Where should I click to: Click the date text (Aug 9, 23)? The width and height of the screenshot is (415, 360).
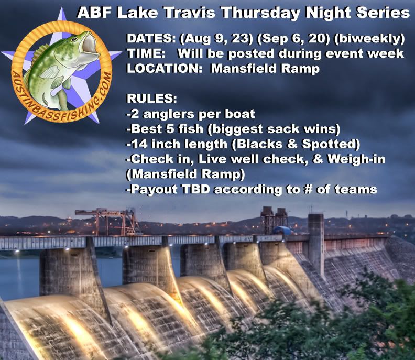[x=216, y=39]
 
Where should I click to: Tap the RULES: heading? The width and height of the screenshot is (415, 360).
[x=152, y=99]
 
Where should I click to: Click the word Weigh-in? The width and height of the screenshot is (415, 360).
[x=356, y=159]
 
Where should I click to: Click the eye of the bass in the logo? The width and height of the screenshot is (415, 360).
[x=74, y=39]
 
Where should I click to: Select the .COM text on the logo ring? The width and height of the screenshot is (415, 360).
[x=104, y=87]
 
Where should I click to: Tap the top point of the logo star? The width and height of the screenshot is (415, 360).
[x=62, y=8]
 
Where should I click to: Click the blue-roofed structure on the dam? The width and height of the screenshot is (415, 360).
[x=281, y=230]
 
